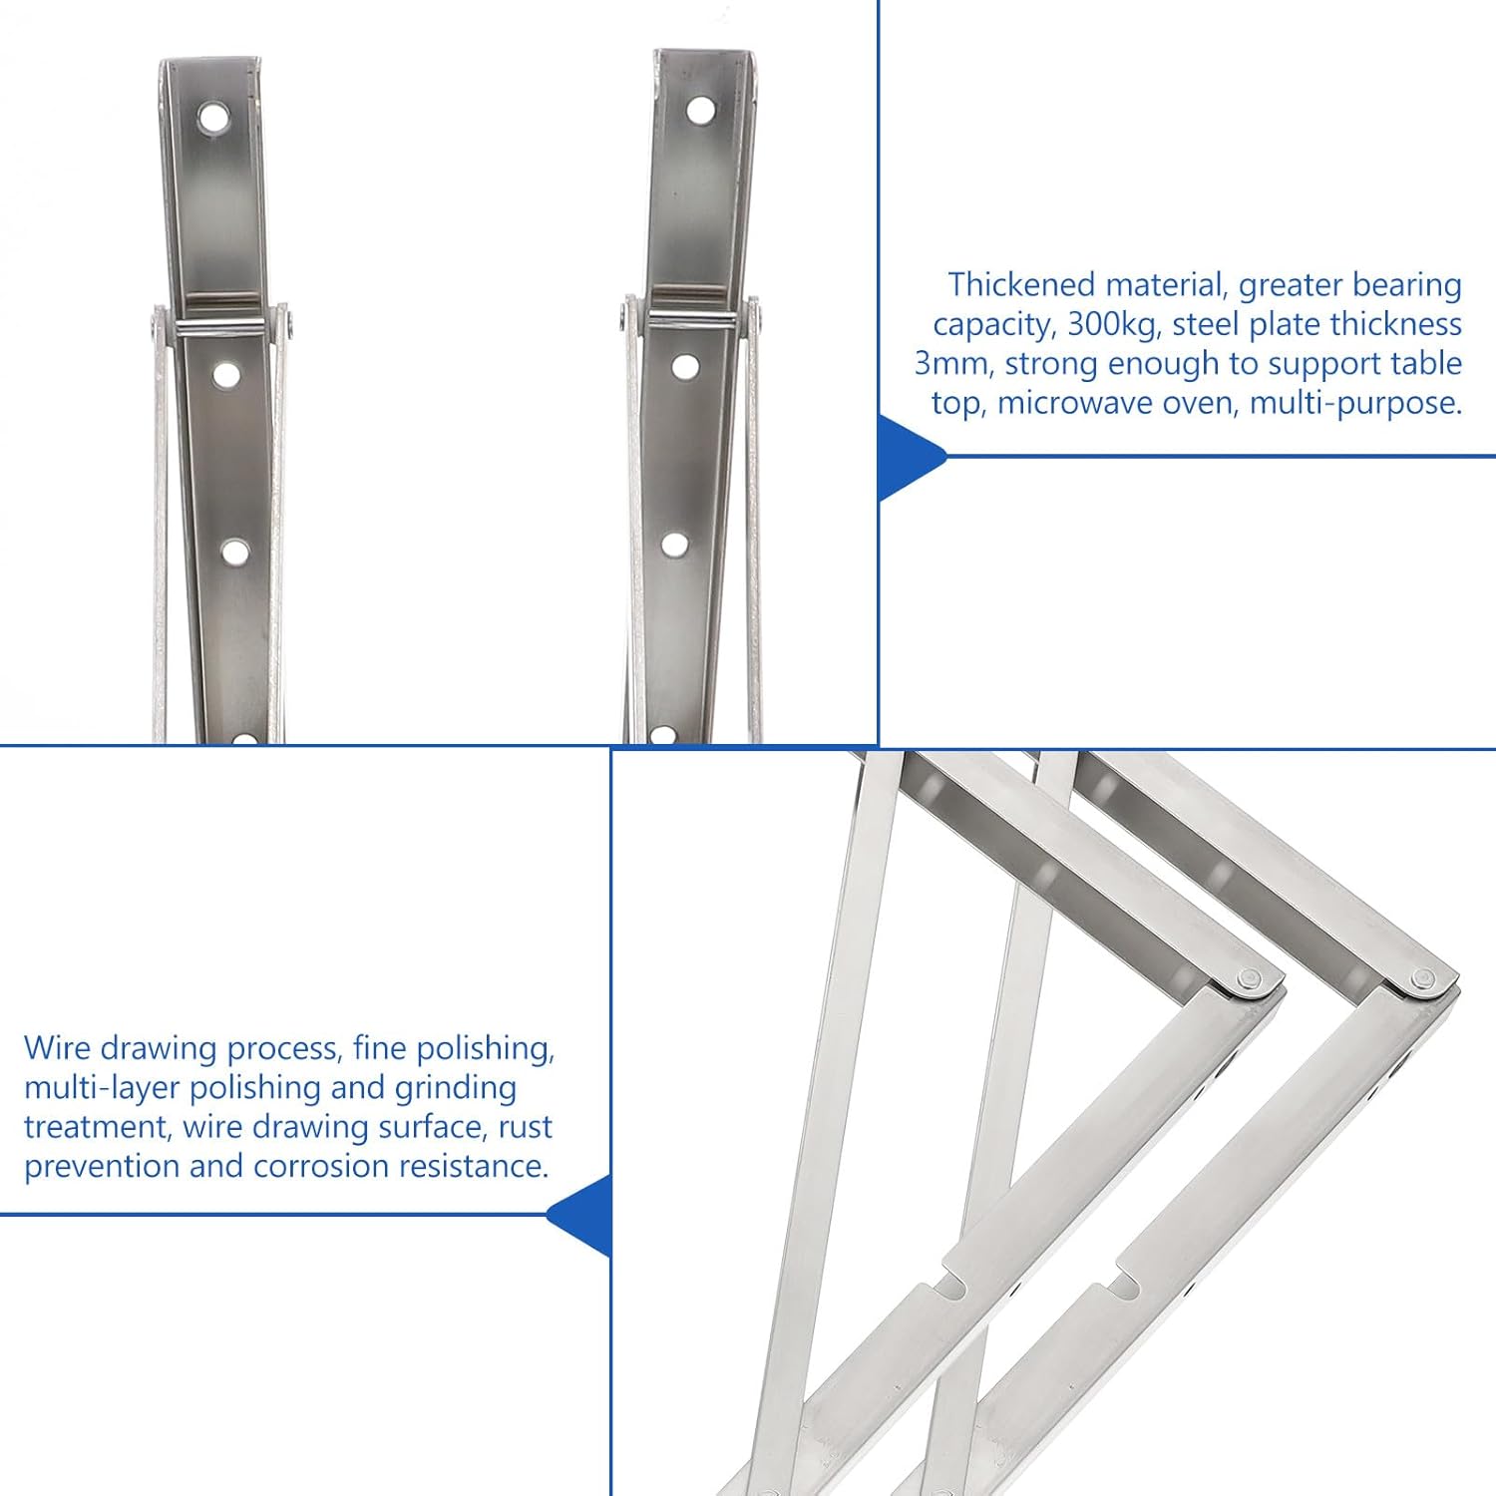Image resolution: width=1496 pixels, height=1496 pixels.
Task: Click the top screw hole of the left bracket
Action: pos(212,118)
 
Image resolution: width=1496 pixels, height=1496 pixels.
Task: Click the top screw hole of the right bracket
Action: pos(700,109)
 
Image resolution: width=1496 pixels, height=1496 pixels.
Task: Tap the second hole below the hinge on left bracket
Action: pos(235,552)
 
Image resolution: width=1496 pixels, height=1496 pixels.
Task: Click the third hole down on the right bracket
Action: pos(674,546)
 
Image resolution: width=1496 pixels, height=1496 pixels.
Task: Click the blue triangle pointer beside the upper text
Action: pos(908,457)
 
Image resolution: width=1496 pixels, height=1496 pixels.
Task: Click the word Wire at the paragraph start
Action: pos(58,1048)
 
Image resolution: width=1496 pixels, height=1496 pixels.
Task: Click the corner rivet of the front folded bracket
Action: pos(1247,979)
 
